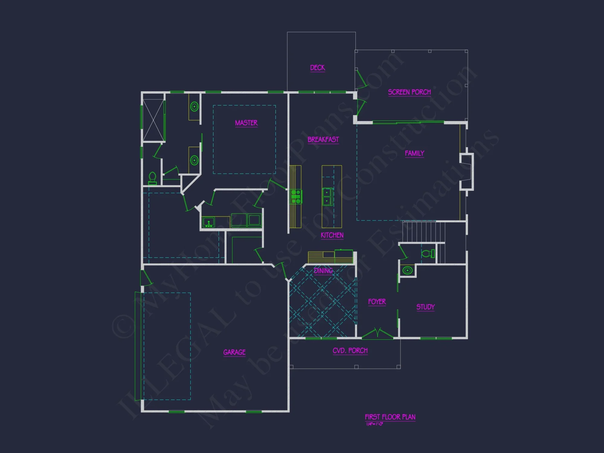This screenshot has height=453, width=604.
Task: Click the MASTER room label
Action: click(246, 123)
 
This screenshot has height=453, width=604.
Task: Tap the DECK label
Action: click(317, 68)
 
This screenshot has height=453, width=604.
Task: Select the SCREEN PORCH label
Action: click(409, 92)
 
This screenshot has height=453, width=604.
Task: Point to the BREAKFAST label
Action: click(323, 140)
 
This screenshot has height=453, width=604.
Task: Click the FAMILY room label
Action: click(414, 153)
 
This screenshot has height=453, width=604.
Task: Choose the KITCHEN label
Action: click(332, 235)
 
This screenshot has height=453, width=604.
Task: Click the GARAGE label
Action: click(234, 352)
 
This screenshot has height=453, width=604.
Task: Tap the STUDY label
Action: click(426, 307)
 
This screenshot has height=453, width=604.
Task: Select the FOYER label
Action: click(377, 302)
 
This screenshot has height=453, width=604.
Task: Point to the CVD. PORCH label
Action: click(350, 351)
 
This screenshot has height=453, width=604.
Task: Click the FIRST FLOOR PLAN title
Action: click(390, 417)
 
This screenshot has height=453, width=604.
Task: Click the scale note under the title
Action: click(374, 424)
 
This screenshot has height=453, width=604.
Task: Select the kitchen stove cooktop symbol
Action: click(296, 197)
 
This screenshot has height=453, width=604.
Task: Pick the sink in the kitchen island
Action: click(327, 197)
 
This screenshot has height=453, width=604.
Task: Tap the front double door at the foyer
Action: click(377, 333)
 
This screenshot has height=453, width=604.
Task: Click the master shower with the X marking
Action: click(153, 120)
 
